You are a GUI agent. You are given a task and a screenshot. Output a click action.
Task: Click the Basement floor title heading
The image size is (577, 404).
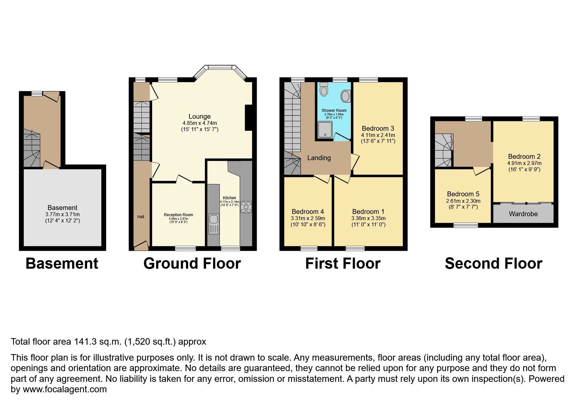(62, 263)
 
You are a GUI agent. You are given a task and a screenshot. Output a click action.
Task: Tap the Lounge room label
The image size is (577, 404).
(199, 116)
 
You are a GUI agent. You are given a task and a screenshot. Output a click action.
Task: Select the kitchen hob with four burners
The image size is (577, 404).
(246, 207)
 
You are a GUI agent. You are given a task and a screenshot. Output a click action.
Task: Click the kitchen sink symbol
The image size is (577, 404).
(214, 224)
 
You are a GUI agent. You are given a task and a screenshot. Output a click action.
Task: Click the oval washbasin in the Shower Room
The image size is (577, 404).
(345, 96)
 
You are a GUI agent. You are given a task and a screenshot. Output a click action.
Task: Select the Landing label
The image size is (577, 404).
(319, 158)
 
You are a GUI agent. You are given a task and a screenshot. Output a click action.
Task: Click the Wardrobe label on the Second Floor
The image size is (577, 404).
(523, 214)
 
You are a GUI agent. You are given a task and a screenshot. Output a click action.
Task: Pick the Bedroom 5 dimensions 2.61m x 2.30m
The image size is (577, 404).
(463, 201)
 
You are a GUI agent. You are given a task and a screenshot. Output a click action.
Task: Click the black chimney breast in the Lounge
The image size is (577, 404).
(249, 118)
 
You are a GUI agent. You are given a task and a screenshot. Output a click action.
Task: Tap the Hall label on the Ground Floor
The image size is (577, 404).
(140, 217)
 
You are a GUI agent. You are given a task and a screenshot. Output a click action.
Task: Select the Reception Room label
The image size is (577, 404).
(178, 215)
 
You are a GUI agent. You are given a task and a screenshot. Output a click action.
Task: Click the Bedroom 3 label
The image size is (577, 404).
(378, 128)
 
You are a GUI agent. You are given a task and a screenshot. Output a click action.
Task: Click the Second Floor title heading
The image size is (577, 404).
(493, 263)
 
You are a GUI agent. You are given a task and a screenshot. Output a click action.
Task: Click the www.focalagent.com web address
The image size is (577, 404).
(65, 389)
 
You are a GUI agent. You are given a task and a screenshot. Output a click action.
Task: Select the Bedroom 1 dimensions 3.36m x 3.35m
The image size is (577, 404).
(368, 218)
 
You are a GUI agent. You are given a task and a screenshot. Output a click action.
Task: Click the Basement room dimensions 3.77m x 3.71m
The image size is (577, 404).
(62, 214)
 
